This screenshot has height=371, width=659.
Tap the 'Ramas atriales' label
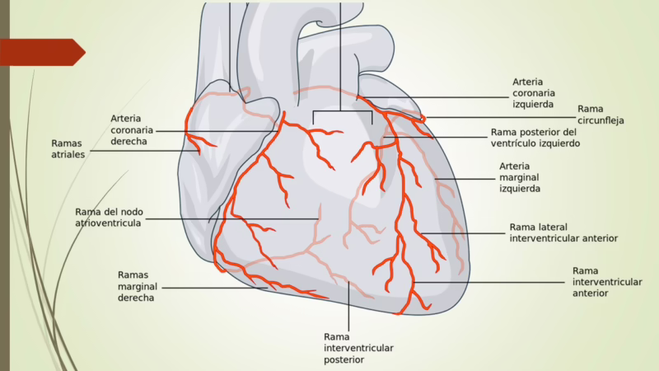68,148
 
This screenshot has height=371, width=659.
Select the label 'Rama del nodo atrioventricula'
108,216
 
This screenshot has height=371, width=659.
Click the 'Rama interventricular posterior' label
358,348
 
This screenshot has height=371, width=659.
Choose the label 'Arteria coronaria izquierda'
533,93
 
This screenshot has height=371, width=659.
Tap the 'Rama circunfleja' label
601,115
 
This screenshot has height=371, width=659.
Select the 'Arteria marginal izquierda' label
520,176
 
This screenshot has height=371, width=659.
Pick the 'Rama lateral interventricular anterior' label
563,232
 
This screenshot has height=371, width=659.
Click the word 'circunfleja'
601,120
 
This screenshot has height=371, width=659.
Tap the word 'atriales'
68,154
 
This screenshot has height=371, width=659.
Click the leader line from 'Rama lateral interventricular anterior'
461,233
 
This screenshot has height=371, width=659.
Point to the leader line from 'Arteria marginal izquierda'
465,178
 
